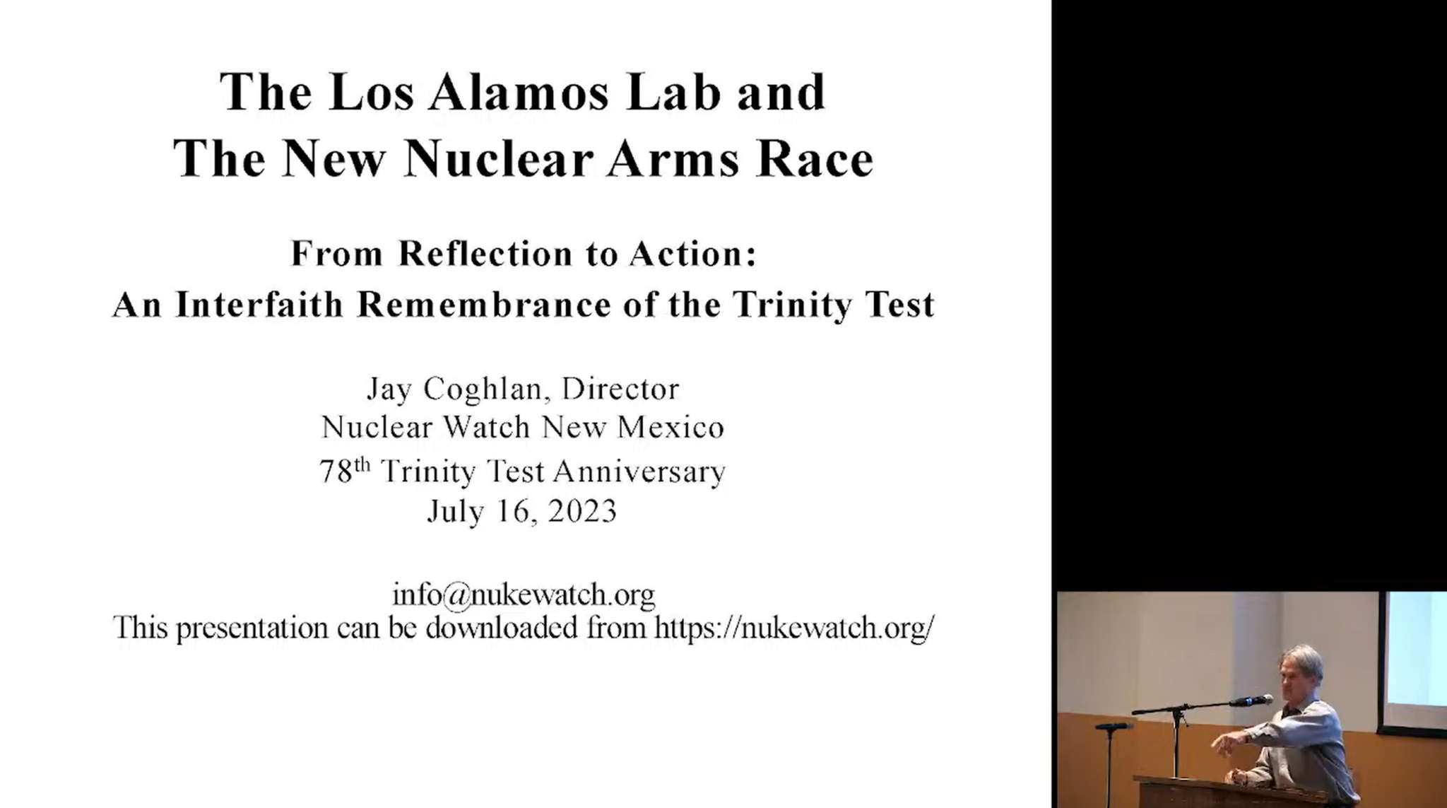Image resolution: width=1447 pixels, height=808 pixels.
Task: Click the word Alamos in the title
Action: pyautogui.click(x=518, y=93)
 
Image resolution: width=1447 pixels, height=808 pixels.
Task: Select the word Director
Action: pyautogui.click(x=620, y=389)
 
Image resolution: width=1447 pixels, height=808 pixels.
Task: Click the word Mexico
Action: pyautogui.click(x=671, y=428)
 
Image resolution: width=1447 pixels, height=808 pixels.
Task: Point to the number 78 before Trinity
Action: pyautogui.click(x=336, y=472)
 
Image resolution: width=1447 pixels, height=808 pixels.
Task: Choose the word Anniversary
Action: pyautogui.click(x=639, y=472)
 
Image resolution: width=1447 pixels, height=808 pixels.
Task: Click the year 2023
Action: pyautogui.click(x=582, y=511)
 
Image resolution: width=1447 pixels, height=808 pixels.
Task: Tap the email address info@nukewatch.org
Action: pyautogui.click(x=524, y=595)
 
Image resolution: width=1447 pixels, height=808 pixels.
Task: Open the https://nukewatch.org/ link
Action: pyautogui.click(x=794, y=628)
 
